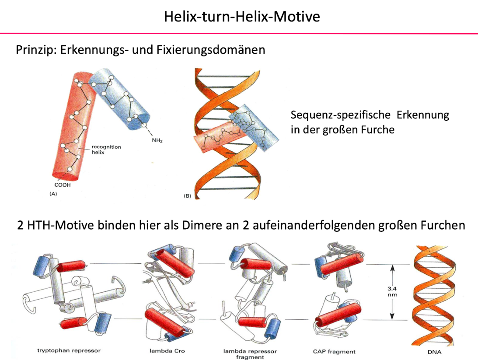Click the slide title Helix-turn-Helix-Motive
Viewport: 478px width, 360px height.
click(242, 17)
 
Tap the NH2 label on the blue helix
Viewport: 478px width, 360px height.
click(157, 141)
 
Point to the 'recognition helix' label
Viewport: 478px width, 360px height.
click(106, 150)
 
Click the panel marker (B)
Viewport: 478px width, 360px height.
click(187, 196)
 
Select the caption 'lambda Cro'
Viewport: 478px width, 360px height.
click(161, 351)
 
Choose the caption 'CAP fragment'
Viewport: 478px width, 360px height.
click(335, 351)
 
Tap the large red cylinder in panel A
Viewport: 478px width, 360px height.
click(74, 131)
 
